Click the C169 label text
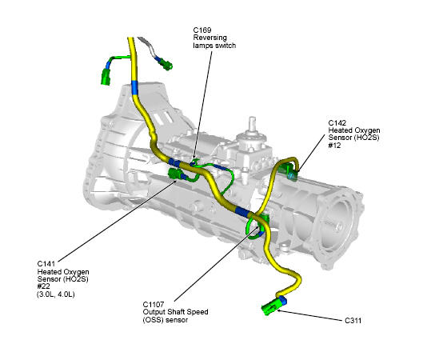pyautogui.click(x=202, y=30)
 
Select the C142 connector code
pyautogui.click(x=337, y=122)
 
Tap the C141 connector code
pyautogui.click(x=46, y=264)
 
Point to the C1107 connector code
pyautogui.click(x=154, y=305)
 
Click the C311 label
pyautogui.click(x=353, y=321)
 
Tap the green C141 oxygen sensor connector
pyautogui.click(x=175, y=174)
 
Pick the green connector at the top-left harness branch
pyautogui.click(x=106, y=77)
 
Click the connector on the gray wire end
pyautogui.click(x=166, y=65)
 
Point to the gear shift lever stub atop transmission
pyautogui.click(x=252, y=125)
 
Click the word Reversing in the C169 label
pyautogui.click(x=210, y=38)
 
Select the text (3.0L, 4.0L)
pyautogui.click(x=55, y=294)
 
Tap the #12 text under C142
pyautogui.click(x=334, y=146)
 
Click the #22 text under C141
pyautogui.click(x=44, y=286)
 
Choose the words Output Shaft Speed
pyautogui.click(x=175, y=312)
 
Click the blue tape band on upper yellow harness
pyautogui.click(x=134, y=87)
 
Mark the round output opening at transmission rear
pyautogui.click(x=337, y=224)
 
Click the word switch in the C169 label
pyautogui.click(x=225, y=46)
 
